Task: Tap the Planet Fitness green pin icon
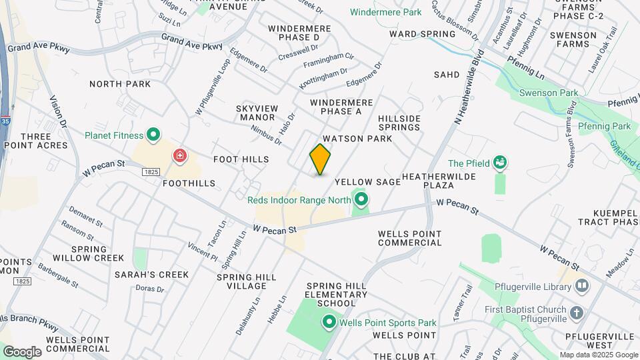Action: (153, 135)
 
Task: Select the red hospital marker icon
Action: (179, 157)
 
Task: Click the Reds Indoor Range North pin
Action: (361, 199)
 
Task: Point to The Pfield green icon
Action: (499, 163)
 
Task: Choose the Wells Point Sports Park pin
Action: (329, 323)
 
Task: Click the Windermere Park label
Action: (386, 12)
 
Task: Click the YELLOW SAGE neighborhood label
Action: (367, 181)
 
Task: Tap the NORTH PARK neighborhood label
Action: (120, 84)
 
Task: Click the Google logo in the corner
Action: (22, 351)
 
